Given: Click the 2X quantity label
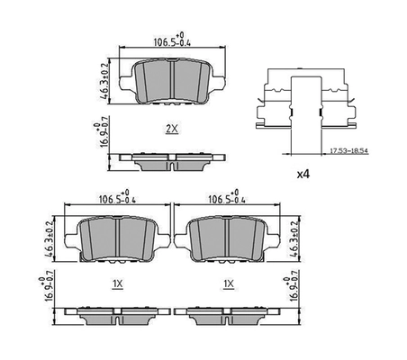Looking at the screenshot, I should pyautogui.click(x=171, y=129).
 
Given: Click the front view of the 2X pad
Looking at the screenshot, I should pyautogui.click(x=170, y=78).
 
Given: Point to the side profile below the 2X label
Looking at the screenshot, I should pyautogui.click(x=171, y=160).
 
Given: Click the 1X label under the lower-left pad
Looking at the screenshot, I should pyautogui.click(x=117, y=284).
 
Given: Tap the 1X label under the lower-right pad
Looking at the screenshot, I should pyautogui.click(x=229, y=284).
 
